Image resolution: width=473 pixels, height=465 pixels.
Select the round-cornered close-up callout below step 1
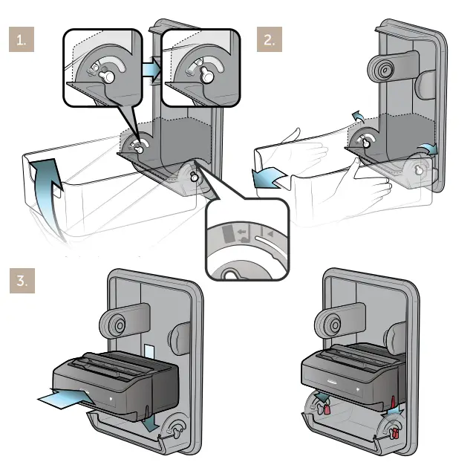pos(245,238)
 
